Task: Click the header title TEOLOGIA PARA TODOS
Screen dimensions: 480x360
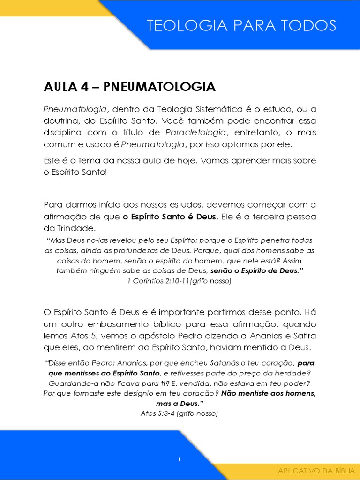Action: pos(241,25)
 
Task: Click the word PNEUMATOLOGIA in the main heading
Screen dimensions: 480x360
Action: pos(159,87)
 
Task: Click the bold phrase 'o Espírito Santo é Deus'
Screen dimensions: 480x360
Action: pos(170,217)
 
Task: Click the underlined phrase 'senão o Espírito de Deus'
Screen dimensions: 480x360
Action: pos(254,271)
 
